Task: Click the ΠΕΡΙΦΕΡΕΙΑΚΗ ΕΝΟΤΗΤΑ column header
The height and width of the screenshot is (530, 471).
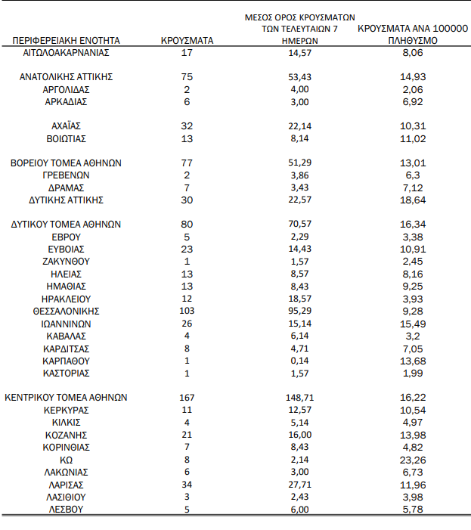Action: click(x=67, y=40)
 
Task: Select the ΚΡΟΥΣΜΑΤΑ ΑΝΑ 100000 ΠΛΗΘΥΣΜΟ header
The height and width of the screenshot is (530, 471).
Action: click(x=412, y=34)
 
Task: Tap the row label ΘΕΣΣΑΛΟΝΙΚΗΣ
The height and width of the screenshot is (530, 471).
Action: click(x=67, y=311)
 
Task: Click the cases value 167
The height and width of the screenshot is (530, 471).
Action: click(x=187, y=397)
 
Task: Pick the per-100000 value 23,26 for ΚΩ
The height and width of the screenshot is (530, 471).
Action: click(x=412, y=459)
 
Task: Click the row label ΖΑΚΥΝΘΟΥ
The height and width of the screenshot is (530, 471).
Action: click(x=67, y=261)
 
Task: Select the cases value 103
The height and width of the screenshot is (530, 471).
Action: click(x=187, y=311)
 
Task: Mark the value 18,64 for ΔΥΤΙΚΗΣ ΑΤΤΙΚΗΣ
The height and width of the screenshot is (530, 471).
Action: click(x=412, y=200)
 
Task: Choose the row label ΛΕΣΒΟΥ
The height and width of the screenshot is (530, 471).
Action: click(x=67, y=509)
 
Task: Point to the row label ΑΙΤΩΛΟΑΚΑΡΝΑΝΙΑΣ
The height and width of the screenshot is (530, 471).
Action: click(x=67, y=53)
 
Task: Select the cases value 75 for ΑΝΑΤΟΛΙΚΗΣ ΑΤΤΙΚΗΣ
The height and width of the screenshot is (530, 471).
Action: click(x=187, y=76)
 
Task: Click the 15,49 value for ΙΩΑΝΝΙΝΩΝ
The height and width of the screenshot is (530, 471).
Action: click(x=412, y=323)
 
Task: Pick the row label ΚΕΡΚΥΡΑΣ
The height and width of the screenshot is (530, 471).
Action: click(x=67, y=410)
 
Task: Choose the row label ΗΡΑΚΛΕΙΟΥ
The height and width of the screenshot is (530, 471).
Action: click(x=67, y=298)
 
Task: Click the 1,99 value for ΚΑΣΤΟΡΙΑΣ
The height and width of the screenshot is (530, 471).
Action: click(x=412, y=373)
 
